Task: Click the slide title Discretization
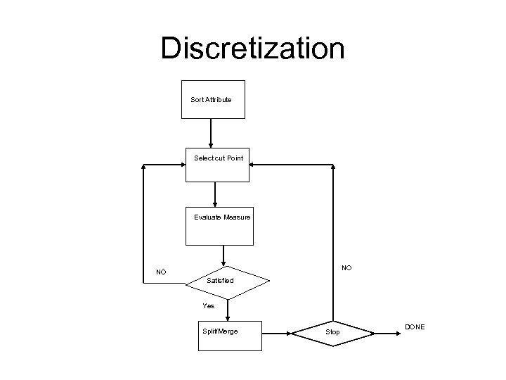252,48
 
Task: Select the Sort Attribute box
211,99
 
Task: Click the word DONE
415,327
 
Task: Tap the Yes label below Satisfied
209,306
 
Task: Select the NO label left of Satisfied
162,272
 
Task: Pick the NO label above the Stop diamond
346,267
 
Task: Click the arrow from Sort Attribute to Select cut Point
211,134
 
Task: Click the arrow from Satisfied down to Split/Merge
227,310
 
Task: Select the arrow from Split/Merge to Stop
276,329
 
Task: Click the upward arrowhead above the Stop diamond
334,169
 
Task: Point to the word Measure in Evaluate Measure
237,217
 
